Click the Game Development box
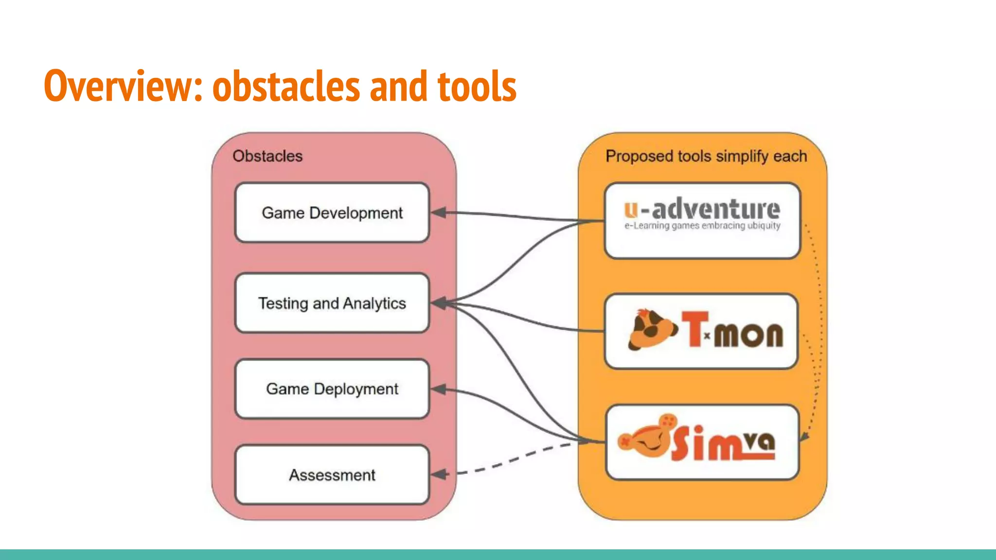(x=332, y=213)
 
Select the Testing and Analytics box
(x=332, y=303)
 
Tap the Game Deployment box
(x=332, y=389)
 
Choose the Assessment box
(x=332, y=475)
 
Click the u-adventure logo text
(x=702, y=210)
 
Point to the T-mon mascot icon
(x=652, y=330)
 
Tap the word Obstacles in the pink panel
(x=267, y=156)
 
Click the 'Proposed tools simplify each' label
(x=706, y=156)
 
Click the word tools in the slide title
(x=477, y=87)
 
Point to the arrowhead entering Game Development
(x=439, y=212)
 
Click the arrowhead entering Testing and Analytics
(x=439, y=303)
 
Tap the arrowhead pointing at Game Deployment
(x=439, y=389)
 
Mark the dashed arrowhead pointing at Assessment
(x=439, y=474)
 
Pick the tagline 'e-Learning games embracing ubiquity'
(x=702, y=226)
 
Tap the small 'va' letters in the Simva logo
(x=760, y=441)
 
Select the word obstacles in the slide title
(x=287, y=87)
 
